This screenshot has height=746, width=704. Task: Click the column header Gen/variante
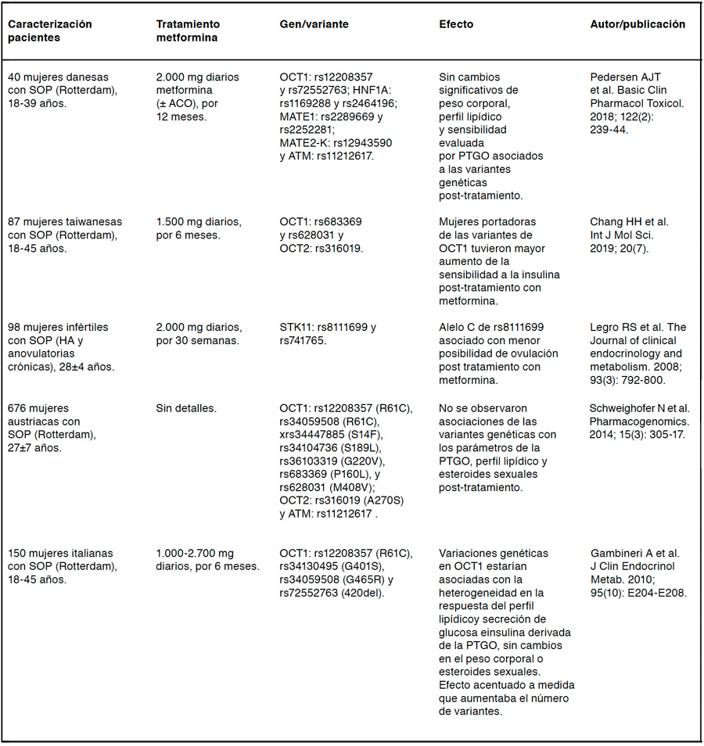click(314, 24)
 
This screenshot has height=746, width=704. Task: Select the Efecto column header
click(456, 24)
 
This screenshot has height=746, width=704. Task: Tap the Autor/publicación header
click(638, 24)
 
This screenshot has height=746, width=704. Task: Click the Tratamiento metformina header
click(189, 30)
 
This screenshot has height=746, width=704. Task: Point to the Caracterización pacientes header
click(50, 30)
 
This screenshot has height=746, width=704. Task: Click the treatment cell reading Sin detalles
click(186, 408)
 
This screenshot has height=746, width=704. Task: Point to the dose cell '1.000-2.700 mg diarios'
click(207, 559)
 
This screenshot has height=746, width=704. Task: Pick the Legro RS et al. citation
click(636, 353)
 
